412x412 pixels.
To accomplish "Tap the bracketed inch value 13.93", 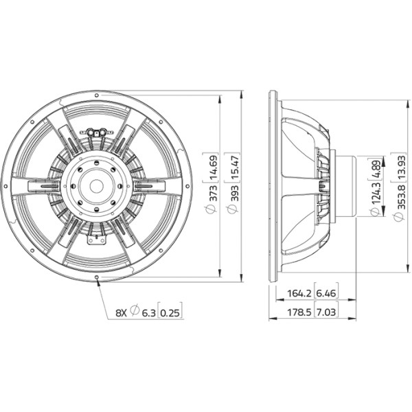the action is point(401,168).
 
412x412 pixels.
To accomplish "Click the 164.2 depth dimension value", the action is point(299,293).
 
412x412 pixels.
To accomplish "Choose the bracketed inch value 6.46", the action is point(326,293).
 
